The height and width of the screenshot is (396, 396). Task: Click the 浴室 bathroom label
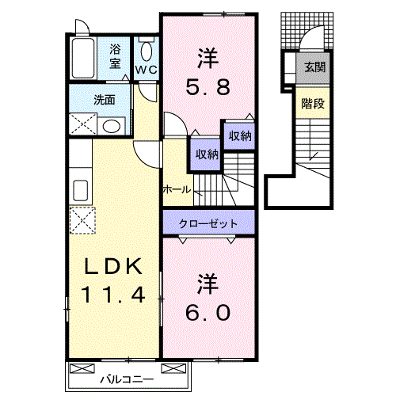click(x=116, y=56)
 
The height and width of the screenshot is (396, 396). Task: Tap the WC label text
click(x=146, y=70)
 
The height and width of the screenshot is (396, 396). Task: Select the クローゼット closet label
click(x=209, y=223)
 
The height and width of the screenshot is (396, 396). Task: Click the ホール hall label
click(x=176, y=190)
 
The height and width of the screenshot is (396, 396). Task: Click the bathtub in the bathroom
click(x=84, y=58)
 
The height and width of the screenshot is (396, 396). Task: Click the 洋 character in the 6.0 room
click(x=208, y=281)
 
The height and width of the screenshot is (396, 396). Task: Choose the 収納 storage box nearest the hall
click(x=204, y=154)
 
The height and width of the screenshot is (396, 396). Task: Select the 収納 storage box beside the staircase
click(x=239, y=136)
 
